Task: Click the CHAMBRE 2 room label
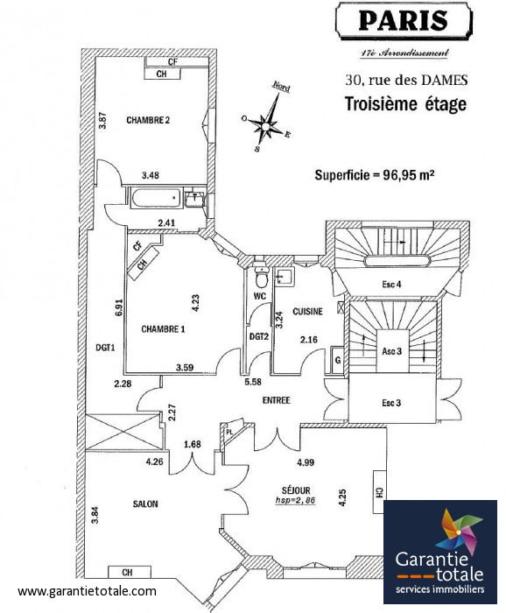(x=148, y=120)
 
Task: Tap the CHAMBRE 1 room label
(x=163, y=329)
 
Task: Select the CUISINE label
(x=308, y=311)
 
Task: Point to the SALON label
(x=145, y=504)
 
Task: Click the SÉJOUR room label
(x=296, y=490)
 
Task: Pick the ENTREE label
(x=277, y=400)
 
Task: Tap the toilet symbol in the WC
(x=260, y=278)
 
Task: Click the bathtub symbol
(x=157, y=198)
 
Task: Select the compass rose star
(x=266, y=126)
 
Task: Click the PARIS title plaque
(x=404, y=20)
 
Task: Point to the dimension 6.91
(x=119, y=307)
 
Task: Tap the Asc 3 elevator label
(x=392, y=351)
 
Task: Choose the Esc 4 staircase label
(x=391, y=285)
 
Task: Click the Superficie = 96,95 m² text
(x=375, y=174)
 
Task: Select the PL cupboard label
(x=229, y=432)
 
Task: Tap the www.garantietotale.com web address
(x=87, y=591)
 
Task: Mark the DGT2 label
(x=259, y=335)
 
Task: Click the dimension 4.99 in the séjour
(x=306, y=462)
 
